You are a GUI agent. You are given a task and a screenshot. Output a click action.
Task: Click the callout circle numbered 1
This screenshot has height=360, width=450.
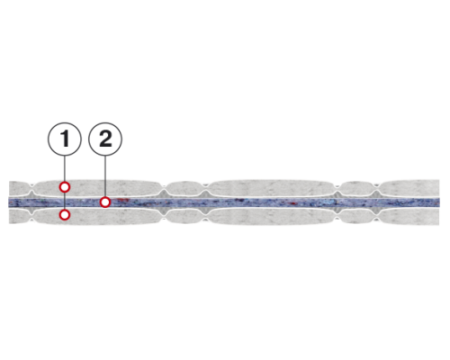65,139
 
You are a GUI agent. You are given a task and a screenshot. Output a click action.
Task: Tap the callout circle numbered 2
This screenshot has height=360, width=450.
105,139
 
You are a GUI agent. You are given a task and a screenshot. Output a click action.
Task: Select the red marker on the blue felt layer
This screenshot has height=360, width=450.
105,202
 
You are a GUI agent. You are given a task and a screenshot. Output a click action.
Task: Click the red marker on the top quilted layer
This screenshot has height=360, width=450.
65,187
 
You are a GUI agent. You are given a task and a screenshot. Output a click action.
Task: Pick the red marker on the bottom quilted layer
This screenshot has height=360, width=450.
65,215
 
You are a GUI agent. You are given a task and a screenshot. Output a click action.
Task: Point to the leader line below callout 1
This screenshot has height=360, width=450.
65,169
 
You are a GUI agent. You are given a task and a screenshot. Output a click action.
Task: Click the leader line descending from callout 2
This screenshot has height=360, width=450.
105,176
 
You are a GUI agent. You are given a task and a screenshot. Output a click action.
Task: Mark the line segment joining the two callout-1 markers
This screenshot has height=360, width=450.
65,201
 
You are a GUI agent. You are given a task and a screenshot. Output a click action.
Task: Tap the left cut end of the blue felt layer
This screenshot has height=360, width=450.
9,202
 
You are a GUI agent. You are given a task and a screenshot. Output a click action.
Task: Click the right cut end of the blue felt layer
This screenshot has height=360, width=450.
438,202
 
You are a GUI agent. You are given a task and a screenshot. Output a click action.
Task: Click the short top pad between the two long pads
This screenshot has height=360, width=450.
185,188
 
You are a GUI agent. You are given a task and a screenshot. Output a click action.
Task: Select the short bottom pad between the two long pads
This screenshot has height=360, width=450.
185,216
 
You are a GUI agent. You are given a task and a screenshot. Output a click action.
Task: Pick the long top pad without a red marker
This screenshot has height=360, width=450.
272,187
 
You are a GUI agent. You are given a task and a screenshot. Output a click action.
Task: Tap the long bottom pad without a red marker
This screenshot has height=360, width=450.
272,216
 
